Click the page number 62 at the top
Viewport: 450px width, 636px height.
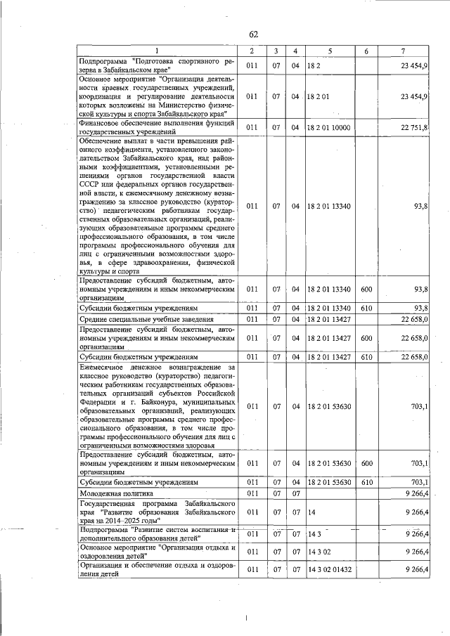pyautogui.click(x=253, y=35)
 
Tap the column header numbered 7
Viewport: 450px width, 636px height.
pyautogui.click(x=402, y=52)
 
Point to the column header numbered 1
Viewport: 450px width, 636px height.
pyautogui.click(x=157, y=52)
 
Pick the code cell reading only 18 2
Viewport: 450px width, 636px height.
pyautogui.click(x=314, y=65)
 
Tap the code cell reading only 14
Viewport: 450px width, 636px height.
pyautogui.click(x=311, y=513)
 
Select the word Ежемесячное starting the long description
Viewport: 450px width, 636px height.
pyautogui.click(x=106, y=367)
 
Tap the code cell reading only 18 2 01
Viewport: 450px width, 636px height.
pyautogui.click(x=318, y=96)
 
